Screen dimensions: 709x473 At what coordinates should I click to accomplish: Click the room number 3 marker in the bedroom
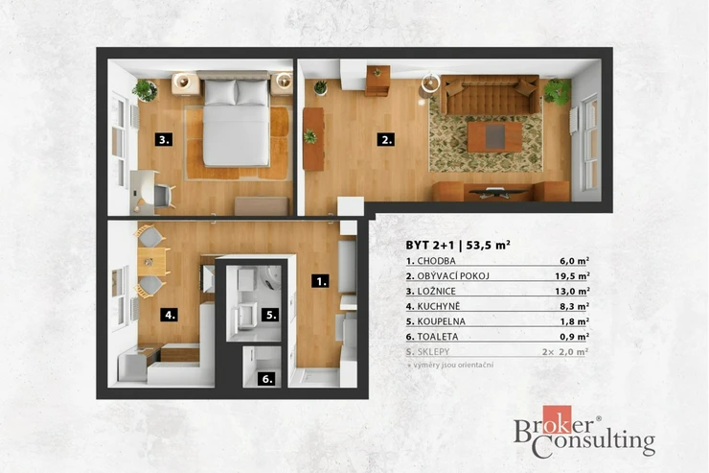tap(164, 139)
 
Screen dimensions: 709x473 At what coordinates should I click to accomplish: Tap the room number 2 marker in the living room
tap(386, 139)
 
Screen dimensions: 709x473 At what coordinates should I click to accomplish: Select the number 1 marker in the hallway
tap(320, 281)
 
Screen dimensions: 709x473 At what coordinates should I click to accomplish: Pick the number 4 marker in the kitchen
tap(170, 315)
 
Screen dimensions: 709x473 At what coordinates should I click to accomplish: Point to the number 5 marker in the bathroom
tap(270, 315)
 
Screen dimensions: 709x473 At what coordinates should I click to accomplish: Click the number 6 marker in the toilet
tap(266, 378)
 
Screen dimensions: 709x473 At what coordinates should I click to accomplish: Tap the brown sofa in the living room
tap(491, 94)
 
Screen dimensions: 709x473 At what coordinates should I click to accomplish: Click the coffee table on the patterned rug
tap(494, 136)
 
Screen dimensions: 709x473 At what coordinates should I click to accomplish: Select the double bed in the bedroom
tap(236, 120)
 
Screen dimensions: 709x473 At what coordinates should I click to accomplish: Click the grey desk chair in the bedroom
tap(164, 196)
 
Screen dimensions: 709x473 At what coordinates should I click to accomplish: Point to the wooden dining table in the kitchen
tap(151, 261)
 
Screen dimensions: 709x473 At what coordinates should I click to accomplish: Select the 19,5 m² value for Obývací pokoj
tap(572, 275)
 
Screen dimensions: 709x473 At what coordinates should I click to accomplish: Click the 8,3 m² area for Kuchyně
tap(574, 306)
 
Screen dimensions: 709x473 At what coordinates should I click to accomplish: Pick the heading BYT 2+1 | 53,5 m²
tap(458, 245)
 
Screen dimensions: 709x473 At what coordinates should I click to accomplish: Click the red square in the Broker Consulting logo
tap(557, 419)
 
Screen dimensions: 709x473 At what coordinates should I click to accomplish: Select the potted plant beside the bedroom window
tap(145, 90)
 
